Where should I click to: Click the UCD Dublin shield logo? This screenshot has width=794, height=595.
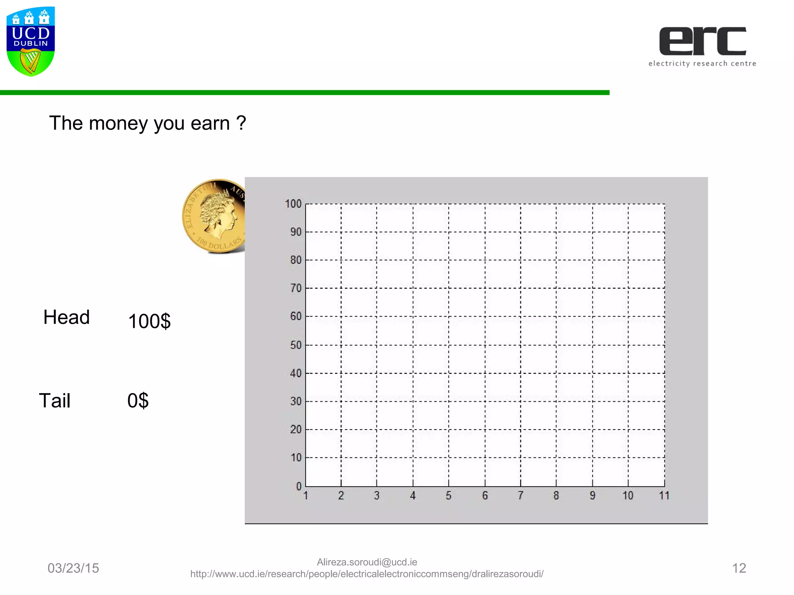click(x=31, y=41)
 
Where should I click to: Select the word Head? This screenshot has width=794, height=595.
click(x=66, y=317)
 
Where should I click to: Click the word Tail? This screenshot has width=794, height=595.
click(x=55, y=401)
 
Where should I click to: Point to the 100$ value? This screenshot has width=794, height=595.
click(x=149, y=322)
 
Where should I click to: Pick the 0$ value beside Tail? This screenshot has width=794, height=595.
click(x=138, y=401)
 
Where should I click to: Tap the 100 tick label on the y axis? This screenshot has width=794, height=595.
click(x=293, y=204)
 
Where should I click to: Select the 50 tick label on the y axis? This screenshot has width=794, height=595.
click(x=296, y=345)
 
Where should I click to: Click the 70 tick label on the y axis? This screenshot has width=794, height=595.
click(x=296, y=288)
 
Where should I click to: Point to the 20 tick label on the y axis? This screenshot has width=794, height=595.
click(x=296, y=429)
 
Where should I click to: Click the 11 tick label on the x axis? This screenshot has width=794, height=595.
click(x=664, y=495)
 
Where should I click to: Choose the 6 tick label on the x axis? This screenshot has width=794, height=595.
click(x=485, y=495)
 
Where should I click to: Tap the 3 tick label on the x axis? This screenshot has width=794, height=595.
click(x=377, y=495)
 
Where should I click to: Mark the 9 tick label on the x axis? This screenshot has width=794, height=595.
click(x=592, y=495)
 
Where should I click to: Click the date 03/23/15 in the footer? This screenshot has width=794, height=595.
click(x=73, y=568)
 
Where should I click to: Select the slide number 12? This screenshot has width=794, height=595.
click(x=739, y=568)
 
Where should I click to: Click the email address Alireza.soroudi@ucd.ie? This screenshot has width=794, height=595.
click(x=367, y=562)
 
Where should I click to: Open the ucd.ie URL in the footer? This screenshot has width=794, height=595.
click(x=367, y=574)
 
